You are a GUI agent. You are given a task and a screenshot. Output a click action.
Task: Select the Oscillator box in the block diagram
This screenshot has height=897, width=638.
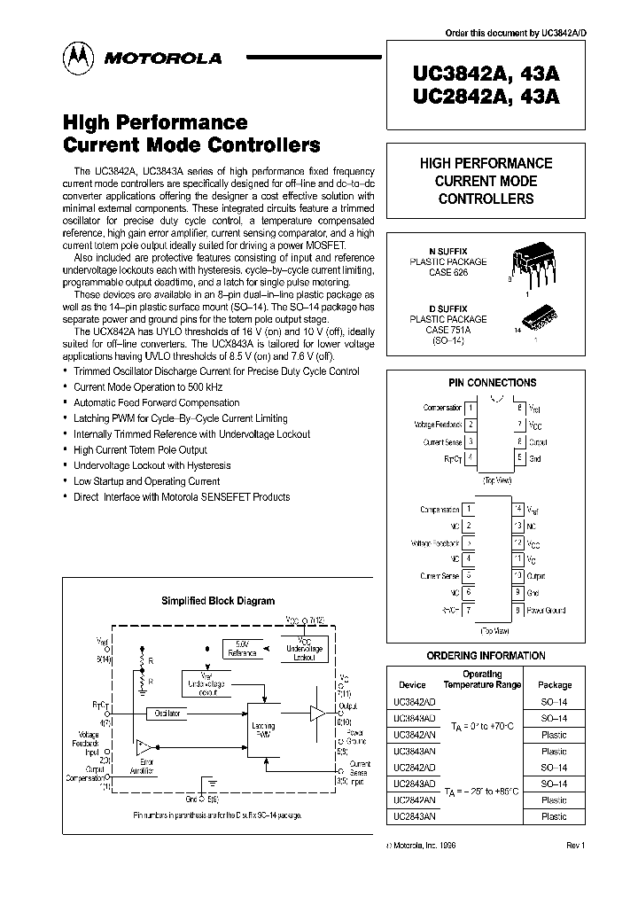tap(167, 713)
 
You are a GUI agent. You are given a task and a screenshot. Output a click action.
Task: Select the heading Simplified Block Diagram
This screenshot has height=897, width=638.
tap(218, 601)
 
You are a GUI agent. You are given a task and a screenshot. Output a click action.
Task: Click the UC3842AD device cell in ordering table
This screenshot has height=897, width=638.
tap(414, 701)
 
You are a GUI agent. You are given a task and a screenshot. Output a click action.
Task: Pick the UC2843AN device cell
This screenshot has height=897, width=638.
tap(414, 816)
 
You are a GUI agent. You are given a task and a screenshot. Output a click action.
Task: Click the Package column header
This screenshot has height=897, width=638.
tap(554, 684)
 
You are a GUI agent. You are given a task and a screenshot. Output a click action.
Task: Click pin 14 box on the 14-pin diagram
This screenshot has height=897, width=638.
tap(518, 510)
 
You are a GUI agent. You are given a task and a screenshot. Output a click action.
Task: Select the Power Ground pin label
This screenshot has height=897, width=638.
tap(546, 610)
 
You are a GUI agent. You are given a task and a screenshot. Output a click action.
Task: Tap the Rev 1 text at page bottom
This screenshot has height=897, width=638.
tap(575, 845)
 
